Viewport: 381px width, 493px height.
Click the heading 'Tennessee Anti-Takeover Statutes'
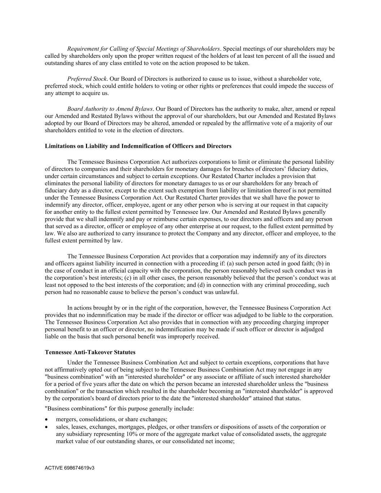(90, 352)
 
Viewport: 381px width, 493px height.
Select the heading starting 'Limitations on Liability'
(138, 146)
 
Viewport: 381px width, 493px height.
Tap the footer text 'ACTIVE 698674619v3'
(70, 468)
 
